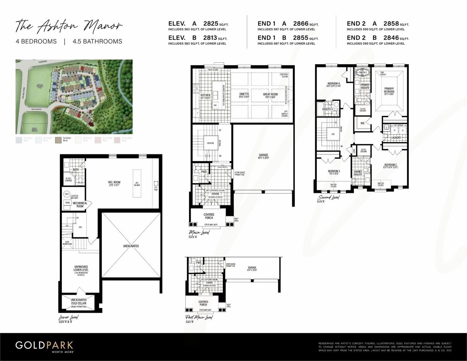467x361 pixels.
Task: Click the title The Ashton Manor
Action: [x=69, y=26]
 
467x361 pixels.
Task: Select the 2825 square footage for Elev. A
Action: [x=211, y=23]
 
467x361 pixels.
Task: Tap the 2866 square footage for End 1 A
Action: [x=300, y=23]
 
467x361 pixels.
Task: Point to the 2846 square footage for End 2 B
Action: [x=391, y=38]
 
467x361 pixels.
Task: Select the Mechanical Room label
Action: [x=80, y=204]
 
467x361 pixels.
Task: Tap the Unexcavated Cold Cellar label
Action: [x=79, y=301]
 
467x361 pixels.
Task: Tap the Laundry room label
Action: [x=396, y=138]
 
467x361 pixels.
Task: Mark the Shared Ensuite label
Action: [x=358, y=173]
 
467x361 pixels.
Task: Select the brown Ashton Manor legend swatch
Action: [x=58, y=140]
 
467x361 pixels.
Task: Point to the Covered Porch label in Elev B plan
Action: [x=203, y=303]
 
